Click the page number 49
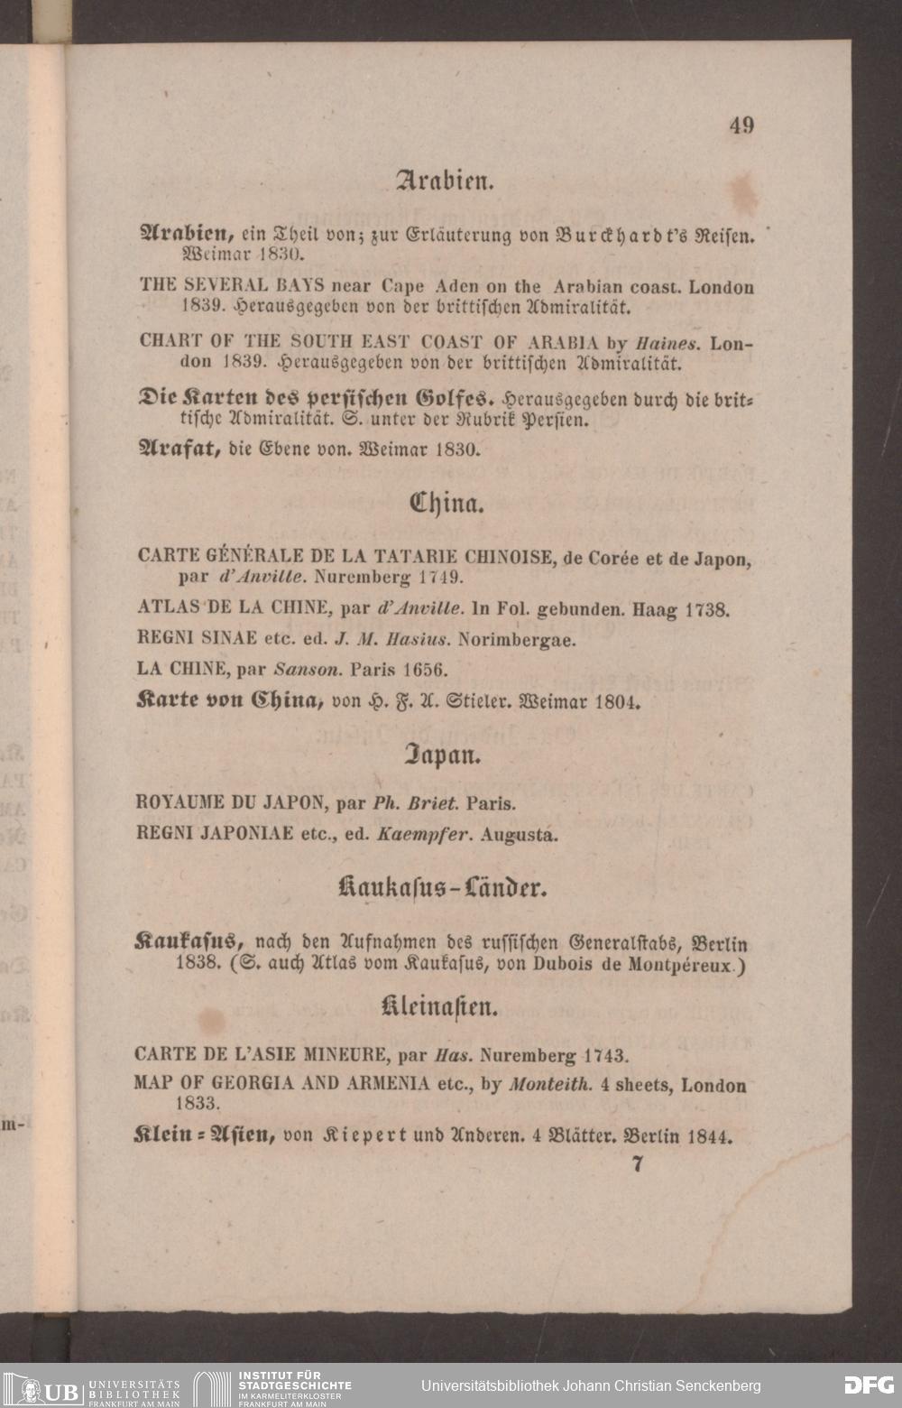[741, 125]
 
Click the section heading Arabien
[445, 181]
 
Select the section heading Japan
[440, 755]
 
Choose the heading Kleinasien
[440, 1005]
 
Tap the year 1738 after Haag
[706, 610]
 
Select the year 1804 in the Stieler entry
[617, 702]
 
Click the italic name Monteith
[550, 1085]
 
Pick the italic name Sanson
[307, 671]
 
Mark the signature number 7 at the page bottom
[638, 1164]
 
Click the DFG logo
[869, 1385]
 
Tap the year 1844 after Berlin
[709, 1136]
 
